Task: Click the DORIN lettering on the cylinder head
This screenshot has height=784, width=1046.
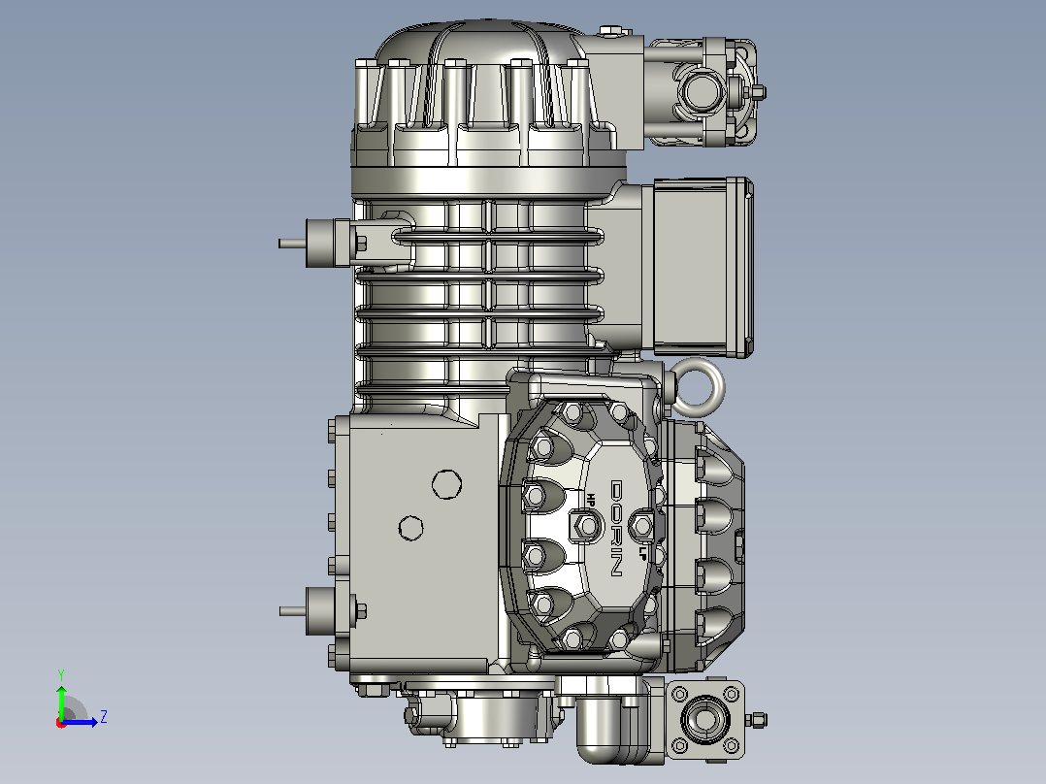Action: pyautogui.click(x=616, y=528)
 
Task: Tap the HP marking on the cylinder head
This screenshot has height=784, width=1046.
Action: pyautogui.click(x=591, y=500)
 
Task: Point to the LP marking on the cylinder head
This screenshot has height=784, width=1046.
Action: pyautogui.click(x=643, y=551)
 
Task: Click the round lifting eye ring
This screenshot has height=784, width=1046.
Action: pyautogui.click(x=698, y=383)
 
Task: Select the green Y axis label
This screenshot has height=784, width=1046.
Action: pyautogui.click(x=61, y=675)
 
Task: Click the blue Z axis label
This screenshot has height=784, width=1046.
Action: pyautogui.click(x=104, y=717)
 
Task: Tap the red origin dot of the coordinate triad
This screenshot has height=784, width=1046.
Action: pyautogui.click(x=61, y=723)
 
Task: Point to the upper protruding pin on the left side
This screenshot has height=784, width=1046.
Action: pyautogui.click(x=292, y=244)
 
